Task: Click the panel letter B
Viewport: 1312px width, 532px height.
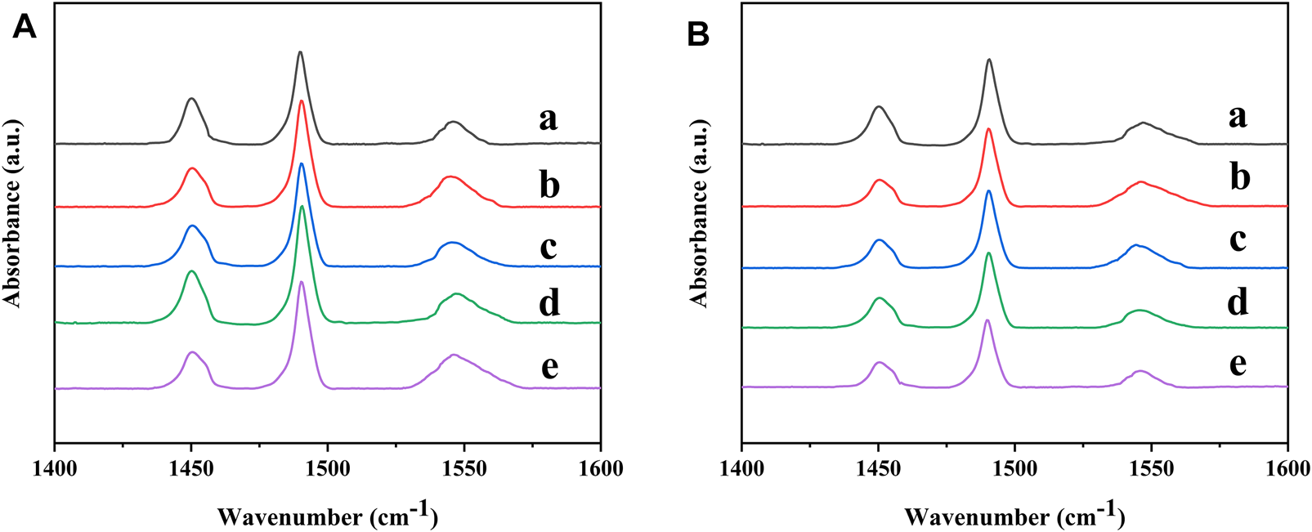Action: [699, 34]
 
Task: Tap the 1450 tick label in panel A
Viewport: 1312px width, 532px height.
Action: [190, 469]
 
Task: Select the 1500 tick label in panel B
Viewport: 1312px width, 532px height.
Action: [1014, 469]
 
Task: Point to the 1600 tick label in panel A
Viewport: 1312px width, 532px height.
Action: [600, 469]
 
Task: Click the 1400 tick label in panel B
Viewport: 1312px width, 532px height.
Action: [741, 469]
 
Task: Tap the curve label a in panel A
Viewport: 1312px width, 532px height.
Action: [548, 119]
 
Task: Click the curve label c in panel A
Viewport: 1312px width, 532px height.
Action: [548, 246]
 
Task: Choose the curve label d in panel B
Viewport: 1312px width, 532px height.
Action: [1238, 302]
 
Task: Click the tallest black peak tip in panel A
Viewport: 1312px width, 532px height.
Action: [300, 52]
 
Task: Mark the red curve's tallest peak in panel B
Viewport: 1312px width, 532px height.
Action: [988, 129]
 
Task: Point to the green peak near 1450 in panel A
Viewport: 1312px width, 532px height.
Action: [191, 271]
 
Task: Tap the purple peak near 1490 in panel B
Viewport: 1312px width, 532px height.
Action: [987, 320]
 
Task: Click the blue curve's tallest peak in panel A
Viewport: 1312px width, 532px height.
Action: [301, 164]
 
